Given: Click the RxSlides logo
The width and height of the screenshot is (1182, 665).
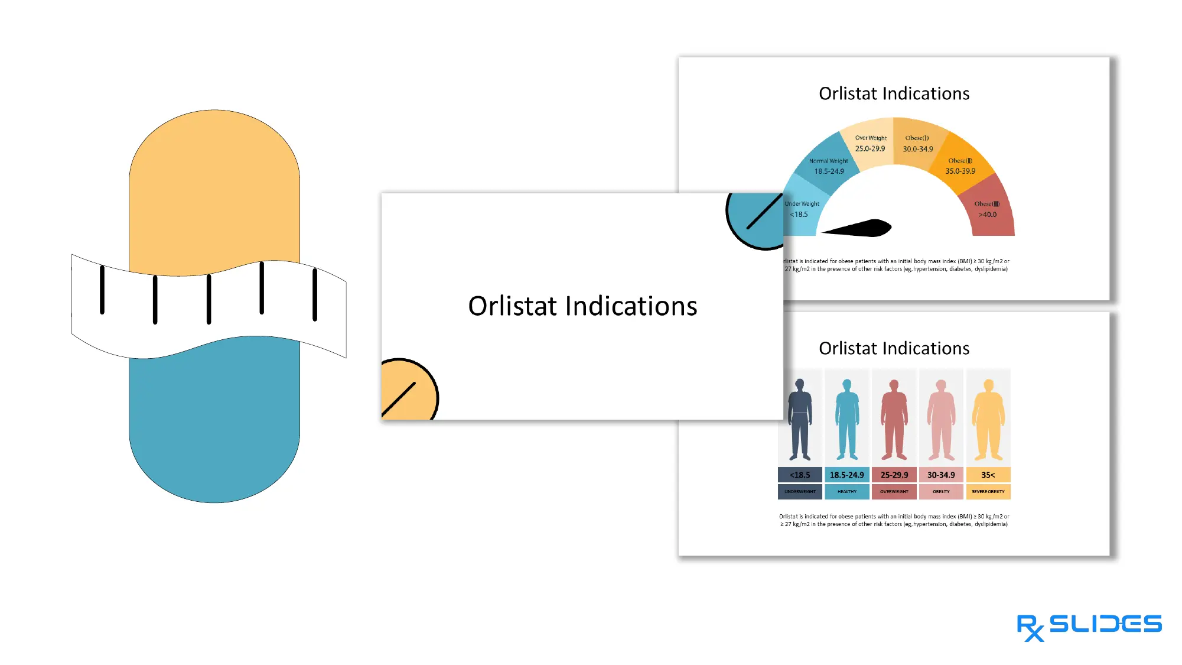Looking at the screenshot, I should tap(1089, 626).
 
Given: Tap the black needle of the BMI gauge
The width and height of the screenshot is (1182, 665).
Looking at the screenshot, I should tap(862, 228).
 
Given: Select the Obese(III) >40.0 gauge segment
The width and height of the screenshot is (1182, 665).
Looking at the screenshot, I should tap(989, 209).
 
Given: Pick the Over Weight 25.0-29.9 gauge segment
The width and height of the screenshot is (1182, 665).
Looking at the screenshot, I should tap(870, 143).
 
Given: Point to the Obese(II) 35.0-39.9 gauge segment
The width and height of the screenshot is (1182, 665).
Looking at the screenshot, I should tap(960, 165).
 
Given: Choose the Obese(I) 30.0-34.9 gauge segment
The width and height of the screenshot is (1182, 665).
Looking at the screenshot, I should tap(917, 143).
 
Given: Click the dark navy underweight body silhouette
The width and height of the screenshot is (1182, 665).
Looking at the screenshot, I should tap(800, 420).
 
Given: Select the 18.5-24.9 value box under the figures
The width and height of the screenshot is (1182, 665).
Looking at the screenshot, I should tap(846, 475).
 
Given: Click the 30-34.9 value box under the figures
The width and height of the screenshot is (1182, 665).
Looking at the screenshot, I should tap(941, 475).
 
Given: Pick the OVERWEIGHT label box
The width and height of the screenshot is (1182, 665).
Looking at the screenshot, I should tap(894, 491).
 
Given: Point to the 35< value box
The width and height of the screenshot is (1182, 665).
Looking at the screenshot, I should tap(988, 475).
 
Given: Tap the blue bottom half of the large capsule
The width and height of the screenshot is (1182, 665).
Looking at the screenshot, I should tap(214, 426).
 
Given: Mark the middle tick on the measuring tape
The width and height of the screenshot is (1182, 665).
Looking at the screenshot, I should tap(209, 299).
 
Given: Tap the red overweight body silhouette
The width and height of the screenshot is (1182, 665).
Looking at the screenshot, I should tap(894, 420).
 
